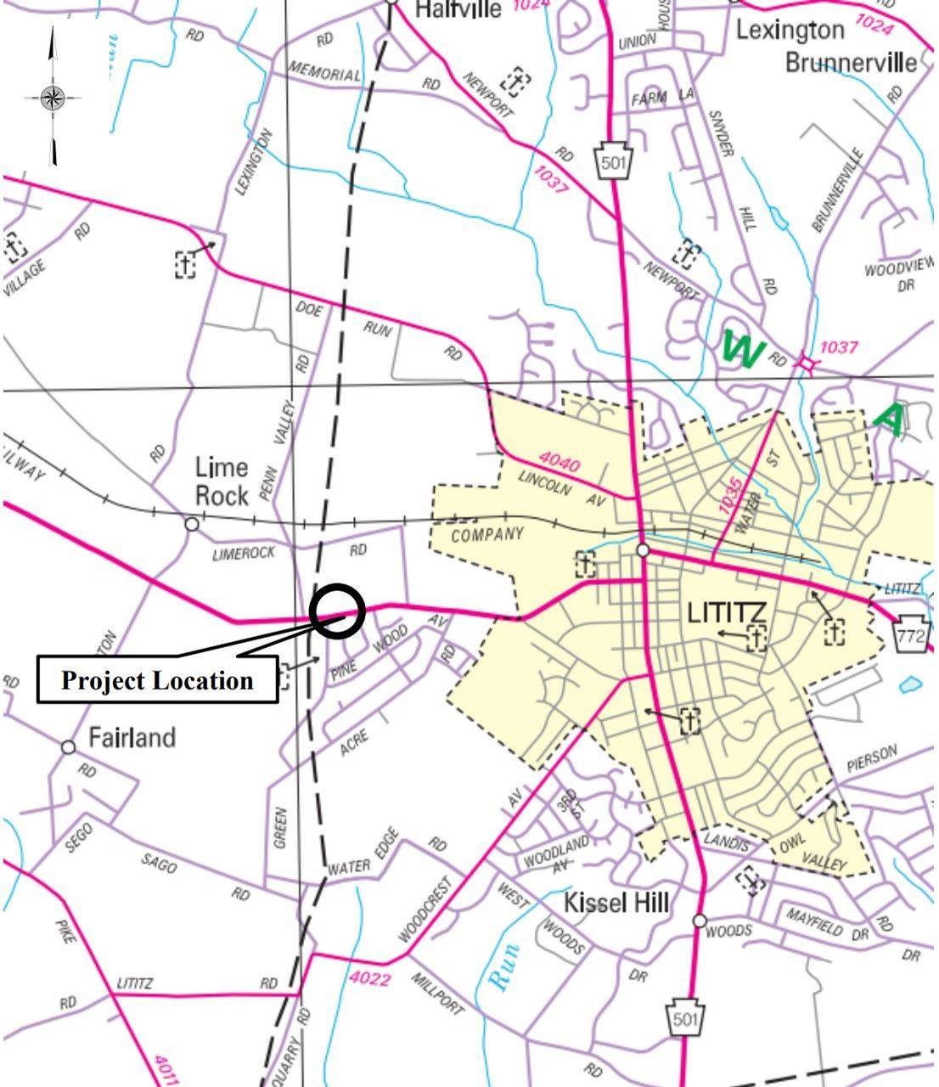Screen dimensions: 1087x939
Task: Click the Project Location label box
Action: pos(157,679)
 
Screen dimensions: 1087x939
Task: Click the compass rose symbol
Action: pos(53,97)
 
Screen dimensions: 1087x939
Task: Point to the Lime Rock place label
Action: pos(222,481)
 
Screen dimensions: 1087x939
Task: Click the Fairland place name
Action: pos(132,737)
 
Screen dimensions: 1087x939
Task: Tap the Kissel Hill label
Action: pos(616,902)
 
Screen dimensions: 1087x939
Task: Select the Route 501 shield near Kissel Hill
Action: pos(685,1017)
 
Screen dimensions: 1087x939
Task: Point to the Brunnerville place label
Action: pos(850,63)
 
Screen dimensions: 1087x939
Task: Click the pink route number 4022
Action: pos(370,979)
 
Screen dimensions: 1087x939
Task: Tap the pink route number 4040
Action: pos(559,463)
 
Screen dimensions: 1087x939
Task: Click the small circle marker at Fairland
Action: pos(68,747)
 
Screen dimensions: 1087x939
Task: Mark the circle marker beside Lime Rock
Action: pos(192,524)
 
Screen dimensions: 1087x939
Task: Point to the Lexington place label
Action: pos(790,31)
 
